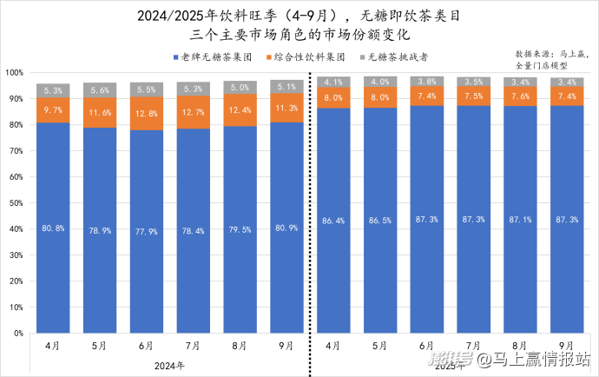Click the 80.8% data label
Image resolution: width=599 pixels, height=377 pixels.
[53, 229]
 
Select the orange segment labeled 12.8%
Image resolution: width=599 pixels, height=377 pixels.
[146, 113]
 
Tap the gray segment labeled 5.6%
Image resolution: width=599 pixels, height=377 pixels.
[100, 89]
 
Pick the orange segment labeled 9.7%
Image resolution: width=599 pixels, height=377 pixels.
[53, 110]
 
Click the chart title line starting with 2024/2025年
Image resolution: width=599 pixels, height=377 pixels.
[299, 16]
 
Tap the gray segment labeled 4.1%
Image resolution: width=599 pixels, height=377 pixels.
[332, 83]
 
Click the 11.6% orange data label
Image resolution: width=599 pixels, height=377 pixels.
[100, 113]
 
